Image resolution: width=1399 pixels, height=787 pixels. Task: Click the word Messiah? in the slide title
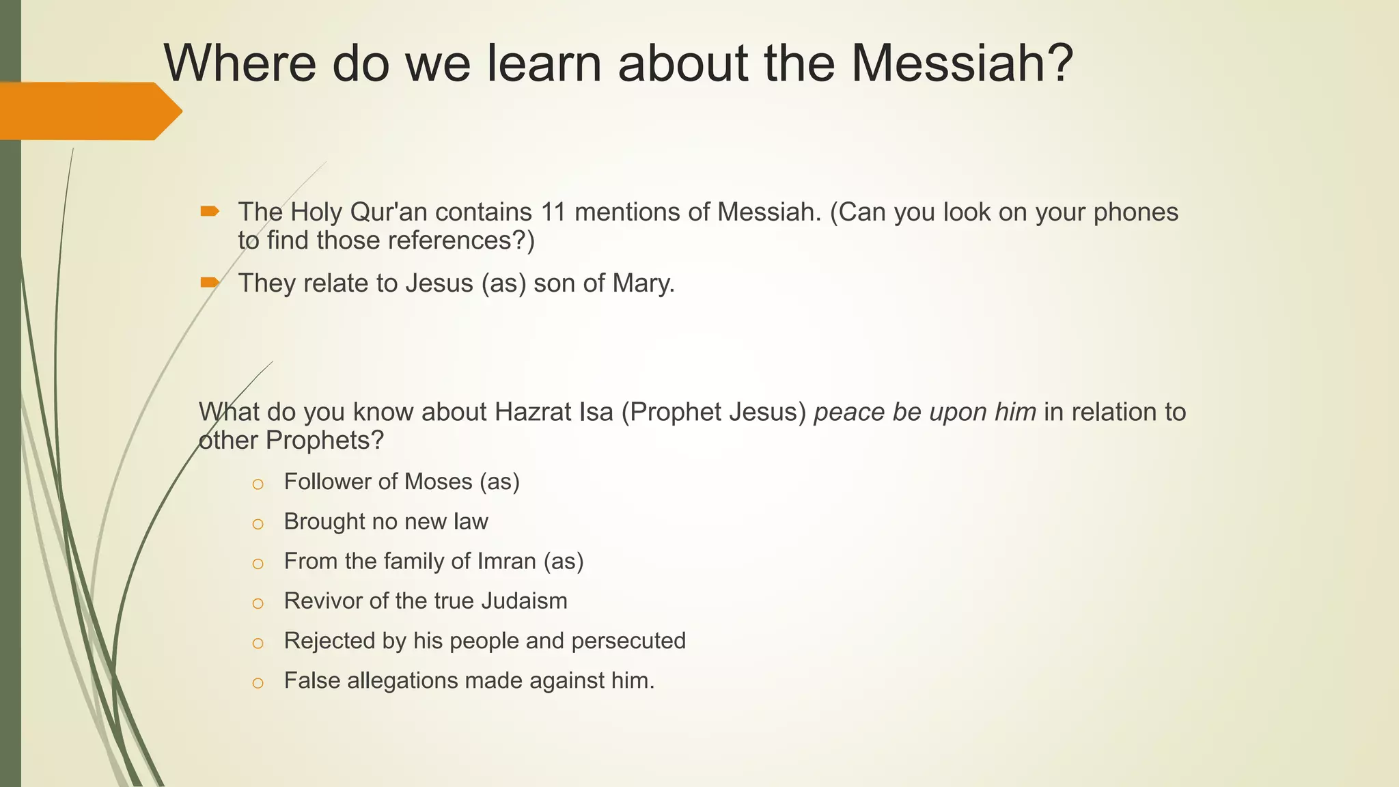(962, 64)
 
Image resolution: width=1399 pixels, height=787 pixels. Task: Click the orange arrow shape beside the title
(89, 111)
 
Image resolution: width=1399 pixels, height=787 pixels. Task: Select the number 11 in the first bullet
(553, 212)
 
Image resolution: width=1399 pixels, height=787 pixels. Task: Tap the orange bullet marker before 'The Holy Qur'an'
(210, 212)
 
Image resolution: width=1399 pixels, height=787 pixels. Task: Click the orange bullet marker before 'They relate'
(210, 282)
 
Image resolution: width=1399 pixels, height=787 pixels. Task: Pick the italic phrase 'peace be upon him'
(925, 412)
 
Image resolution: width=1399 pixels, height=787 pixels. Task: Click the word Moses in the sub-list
(437, 482)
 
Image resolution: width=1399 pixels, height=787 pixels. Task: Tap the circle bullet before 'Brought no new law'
(258, 524)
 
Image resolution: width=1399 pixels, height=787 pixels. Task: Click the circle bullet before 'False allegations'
(258, 682)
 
